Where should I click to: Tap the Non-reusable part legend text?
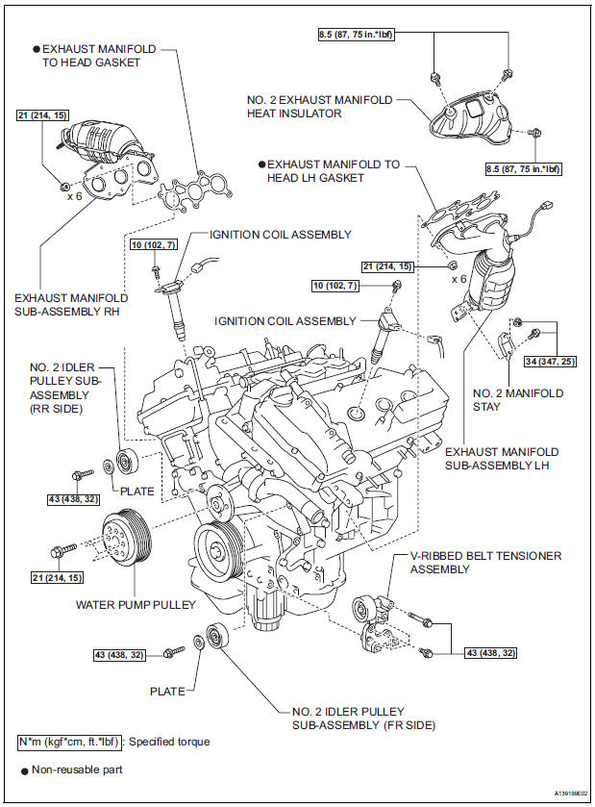pyautogui.click(x=80, y=769)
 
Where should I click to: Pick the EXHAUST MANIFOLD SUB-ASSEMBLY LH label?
pyautogui.click(x=503, y=458)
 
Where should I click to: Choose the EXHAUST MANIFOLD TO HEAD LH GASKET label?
pyautogui.click(x=333, y=171)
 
